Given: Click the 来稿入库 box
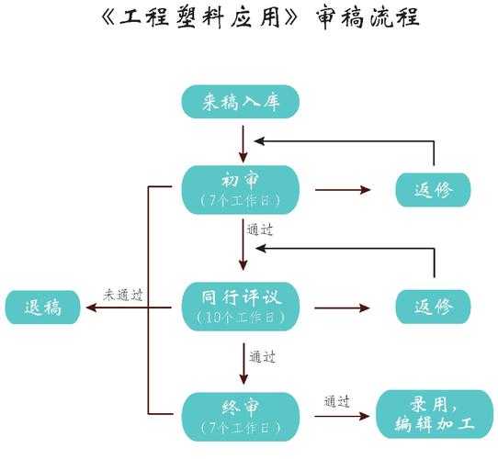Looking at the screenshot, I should coord(241,102).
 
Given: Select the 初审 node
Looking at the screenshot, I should coord(241,189).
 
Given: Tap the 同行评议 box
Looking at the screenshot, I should coord(241,306).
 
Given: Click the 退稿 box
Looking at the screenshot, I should coord(43,308).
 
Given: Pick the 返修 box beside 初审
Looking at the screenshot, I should coord(433,190).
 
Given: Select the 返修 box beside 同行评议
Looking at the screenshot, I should coord(433,307).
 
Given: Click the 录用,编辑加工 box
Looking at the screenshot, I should coord(436,416).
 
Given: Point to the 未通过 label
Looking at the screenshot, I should coord(123,296).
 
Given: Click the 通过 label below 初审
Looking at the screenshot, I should coord(260,229).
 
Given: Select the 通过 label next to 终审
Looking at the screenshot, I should coord(337,401).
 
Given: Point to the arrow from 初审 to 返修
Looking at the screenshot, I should coord(343,190).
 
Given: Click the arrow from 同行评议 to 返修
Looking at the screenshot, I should coord(343,308).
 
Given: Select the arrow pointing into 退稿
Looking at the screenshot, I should coord(110,308).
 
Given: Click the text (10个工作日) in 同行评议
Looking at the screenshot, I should coord(241,318).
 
